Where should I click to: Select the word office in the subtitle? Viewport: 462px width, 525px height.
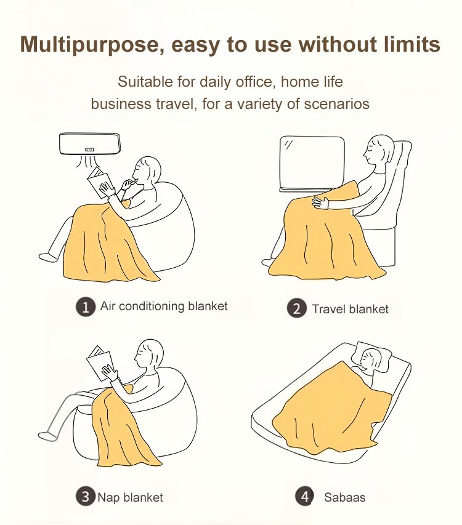pyautogui.click(x=256, y=82)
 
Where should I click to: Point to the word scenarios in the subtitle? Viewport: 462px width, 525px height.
pyautogui.click(x=336, y=104)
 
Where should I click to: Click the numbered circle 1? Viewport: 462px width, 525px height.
pyautogui.click(x=86, y=307)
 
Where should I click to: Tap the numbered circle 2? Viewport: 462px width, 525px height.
pyautogui.click(x=296, y=308)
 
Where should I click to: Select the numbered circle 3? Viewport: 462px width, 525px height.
pyautogui.click(x=86, y=496)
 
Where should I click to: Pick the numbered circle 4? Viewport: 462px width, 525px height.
pyautogui.click(x=304, y=496)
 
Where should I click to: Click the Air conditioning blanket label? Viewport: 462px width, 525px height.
pyautogui.click(x=164, y=306)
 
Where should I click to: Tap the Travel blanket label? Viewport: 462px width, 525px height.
pyautogui.click(x=350, y=309)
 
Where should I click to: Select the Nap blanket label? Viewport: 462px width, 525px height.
pyautogui.click(x=130, y=497)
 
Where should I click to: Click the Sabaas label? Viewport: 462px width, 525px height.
pyautogui.click(x=344, y=497)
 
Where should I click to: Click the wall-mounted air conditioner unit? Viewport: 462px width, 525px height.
pyautogui.click(x=89, y=144)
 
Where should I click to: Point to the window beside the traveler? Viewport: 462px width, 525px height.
pyautogui.click(x=312, y=164)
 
